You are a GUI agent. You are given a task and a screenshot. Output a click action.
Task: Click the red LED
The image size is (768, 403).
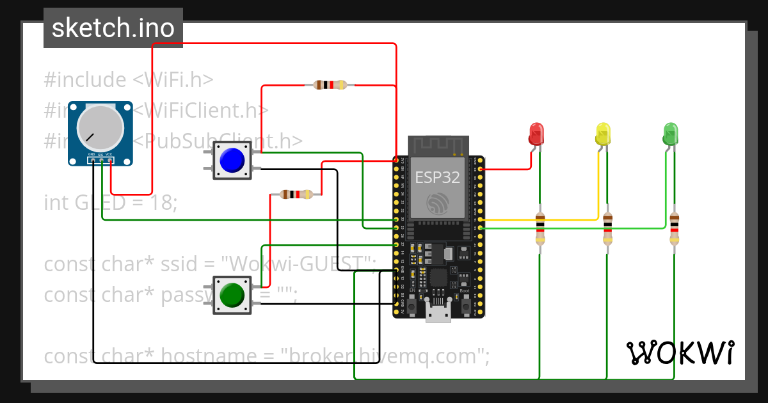[x=536, y=134]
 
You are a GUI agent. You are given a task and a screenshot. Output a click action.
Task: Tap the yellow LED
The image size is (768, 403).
[x=603, y=134]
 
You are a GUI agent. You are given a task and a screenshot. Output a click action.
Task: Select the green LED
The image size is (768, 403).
[x=670, y=134]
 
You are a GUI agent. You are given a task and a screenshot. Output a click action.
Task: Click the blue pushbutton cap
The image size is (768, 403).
[x=232, y=160]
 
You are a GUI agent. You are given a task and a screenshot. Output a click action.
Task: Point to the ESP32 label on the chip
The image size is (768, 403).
[x=438, y=177]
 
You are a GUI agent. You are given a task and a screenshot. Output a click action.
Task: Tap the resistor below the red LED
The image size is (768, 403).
[x=541, y=229]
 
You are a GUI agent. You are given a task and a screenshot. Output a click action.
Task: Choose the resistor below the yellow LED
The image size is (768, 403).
[x=607, y=229]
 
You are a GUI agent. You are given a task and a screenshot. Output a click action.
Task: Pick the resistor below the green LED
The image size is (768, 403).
[x=675, y=229]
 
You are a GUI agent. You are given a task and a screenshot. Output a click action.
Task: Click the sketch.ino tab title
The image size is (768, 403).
[x=113, y=28]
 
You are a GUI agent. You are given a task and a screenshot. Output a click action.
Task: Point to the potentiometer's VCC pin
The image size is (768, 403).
[x=111, y=161]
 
